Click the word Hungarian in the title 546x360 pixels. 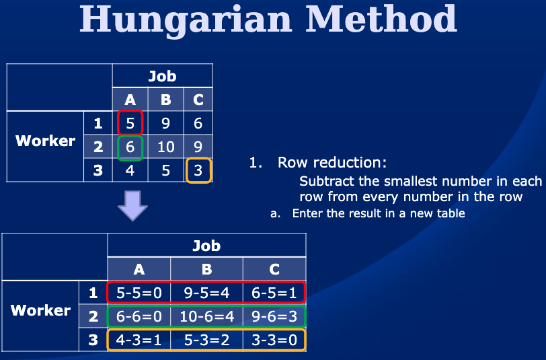(x=186, y=20)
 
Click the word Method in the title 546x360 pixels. (x=381, y=18)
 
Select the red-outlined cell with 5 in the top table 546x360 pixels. (x=130, y=122)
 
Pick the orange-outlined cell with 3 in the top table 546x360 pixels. (x=198, y=170)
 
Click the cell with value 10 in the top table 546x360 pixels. (x=165, y=147)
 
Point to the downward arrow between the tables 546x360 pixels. (x=132, y=206)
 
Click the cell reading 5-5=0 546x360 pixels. (x=139, y=293)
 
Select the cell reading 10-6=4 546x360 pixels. (x=207, y=316)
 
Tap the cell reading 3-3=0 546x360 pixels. (x=274, y=340)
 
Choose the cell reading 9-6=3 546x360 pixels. (x=274, y=316)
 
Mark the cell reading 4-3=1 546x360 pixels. (x=139, y=340)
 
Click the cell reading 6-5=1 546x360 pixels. (x=274, y=293)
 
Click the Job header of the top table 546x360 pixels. (x=163, y=75)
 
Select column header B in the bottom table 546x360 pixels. (x=207, y=268)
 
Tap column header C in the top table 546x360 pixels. (x=198, y=100)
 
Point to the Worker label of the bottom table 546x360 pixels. (x=41, y=310)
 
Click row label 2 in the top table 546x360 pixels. (x=98, y=147)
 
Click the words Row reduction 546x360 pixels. (x=332, y=162)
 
